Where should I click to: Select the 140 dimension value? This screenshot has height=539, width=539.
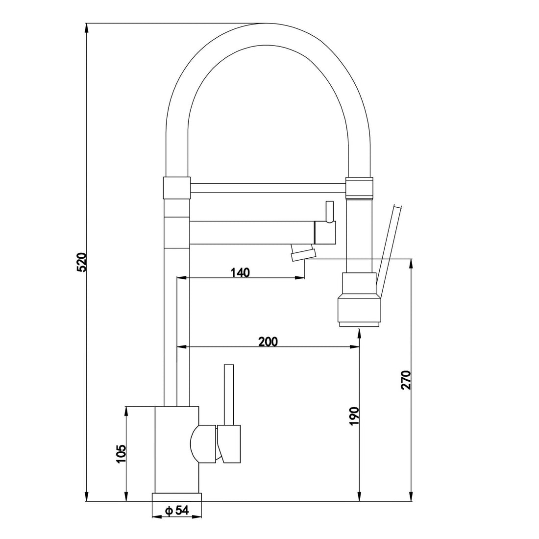pyautogui.click(x=240, y=272)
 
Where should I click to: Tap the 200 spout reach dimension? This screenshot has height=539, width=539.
pyautogui.click(x=268, y=342)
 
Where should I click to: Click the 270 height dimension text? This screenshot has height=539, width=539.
pyautogui.click(x=406, y=380)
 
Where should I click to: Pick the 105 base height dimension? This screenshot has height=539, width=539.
pyautogui.click(x=122, y=454)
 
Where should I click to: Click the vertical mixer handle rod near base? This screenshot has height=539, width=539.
pyautogui.click(x=229, y=394)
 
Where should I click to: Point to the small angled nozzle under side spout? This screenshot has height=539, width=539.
pyautogui.click(x=303, y=254)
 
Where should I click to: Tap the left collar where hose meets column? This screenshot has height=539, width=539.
pyautogui.click(x=175, y=188)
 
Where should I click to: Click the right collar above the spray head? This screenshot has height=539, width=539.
pyautogui.click(x=360, y=188)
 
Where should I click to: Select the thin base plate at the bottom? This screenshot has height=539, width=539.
pyautogui.click(x=177, y=497)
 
